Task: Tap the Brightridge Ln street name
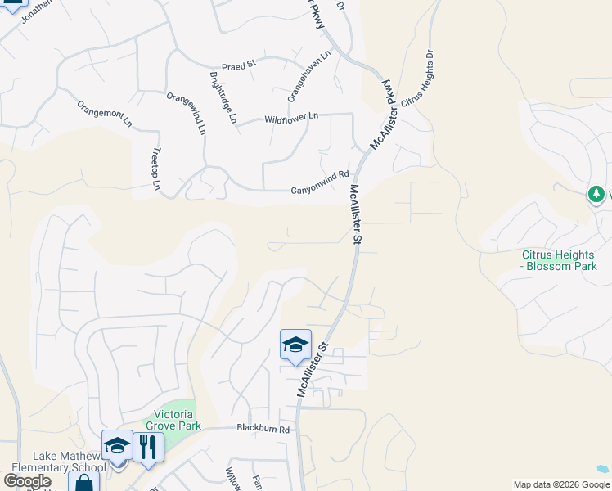(223, 97)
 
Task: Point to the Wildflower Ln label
(291, 119)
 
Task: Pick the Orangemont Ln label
(104, 115)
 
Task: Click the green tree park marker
(597, 195)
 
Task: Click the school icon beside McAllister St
(295, 344)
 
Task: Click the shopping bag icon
(84, 482)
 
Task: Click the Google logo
(28, 481)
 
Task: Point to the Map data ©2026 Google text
(561, 484)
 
